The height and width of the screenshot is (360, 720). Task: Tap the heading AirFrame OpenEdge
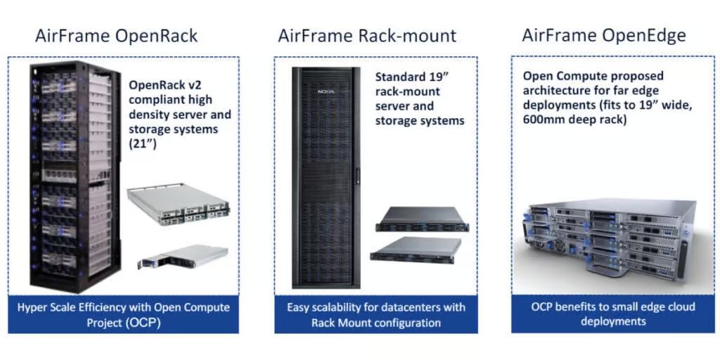pos(603,35)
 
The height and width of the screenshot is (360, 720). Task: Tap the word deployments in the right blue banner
pos(610,321)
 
